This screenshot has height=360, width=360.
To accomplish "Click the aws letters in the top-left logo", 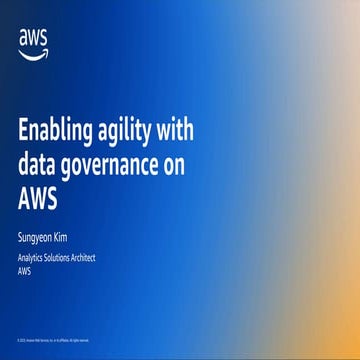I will click(32, 37).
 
